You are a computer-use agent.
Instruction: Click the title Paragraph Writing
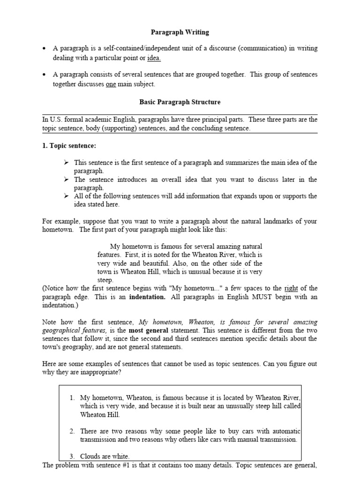click(x=180, y=32)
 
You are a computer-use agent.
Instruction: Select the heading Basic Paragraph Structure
click(x=180, y=102)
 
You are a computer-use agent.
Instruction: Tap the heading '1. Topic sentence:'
click(x=69, y=146)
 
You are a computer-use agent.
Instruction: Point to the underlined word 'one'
click(x=111, y=84)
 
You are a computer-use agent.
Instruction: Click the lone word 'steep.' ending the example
click(x=105, y=280)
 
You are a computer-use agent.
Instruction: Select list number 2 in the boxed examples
click(x=72, y=431)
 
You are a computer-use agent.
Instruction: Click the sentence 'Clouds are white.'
click(x=105, y=456)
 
